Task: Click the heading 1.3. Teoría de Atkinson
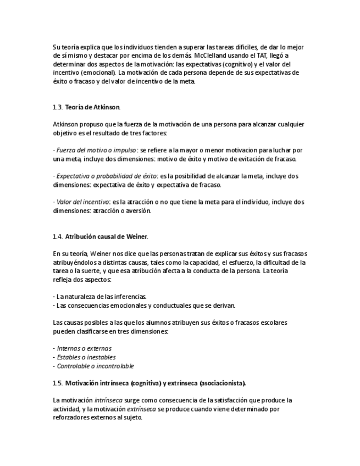pyautogui.click(x=87, y=107)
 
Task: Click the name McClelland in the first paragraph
pyautogui.click(x=210, y=56)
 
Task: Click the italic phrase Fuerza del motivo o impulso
pyautogui.click(x=96, y=150)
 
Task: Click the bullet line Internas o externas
pyautogui.click(x=84, y=348)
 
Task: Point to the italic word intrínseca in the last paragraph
pyautogui.click(x=108, y=400)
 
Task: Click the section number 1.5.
pyautogui.click(x=58, y=382)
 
